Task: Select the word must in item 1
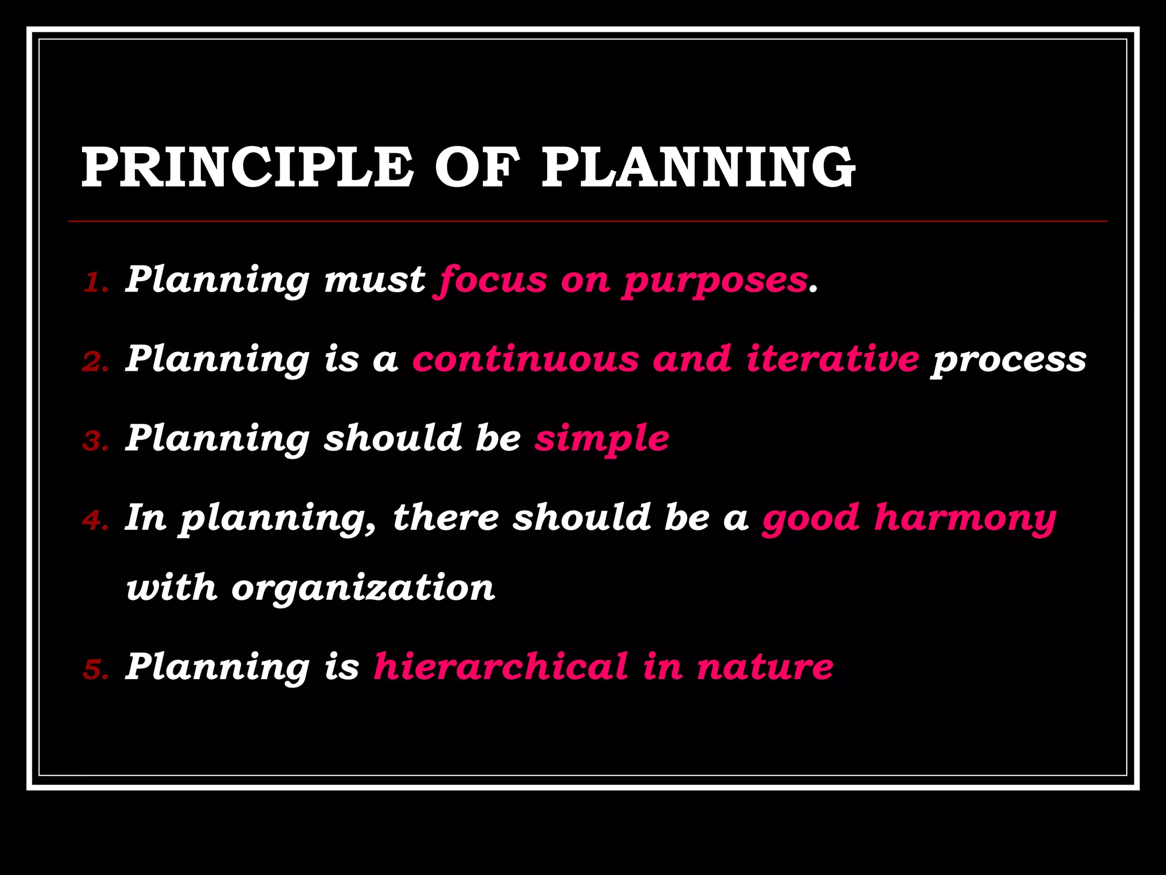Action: (375, 280)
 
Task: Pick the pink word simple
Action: (602, 440)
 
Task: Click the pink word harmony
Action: (965, 519)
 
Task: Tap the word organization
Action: (363, 588)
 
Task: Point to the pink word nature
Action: (765, 667)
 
